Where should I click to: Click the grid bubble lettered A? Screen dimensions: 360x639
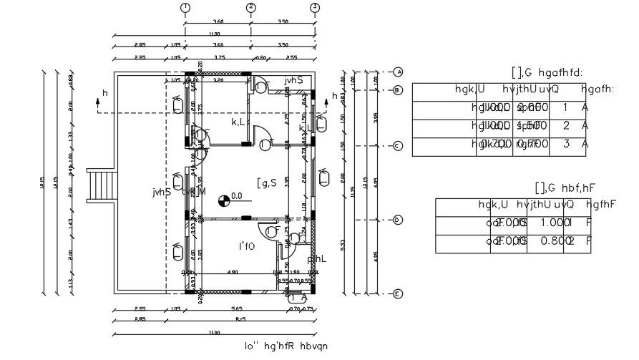point(398,72)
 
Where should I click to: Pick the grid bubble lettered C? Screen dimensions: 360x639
point(398,146)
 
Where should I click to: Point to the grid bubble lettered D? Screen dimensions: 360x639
point(398,220)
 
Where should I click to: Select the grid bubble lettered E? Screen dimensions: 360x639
point(398,293)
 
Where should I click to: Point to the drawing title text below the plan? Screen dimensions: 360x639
point(286,346)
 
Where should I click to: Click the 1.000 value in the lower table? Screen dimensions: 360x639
point(555,223)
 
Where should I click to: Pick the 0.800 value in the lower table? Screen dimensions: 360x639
point(555,241)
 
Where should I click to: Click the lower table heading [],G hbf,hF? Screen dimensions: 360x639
point(565,188)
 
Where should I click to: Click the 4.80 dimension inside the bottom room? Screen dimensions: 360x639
point(232,272)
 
